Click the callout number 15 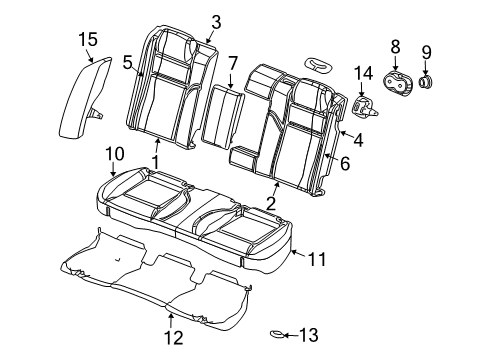pos(89,39)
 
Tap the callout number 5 pos(127,62)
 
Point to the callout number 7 pos(232,65)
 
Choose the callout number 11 pos(316,260)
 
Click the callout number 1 pos(155,161)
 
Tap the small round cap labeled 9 pos(428,82)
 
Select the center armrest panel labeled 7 pos(222,118)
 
